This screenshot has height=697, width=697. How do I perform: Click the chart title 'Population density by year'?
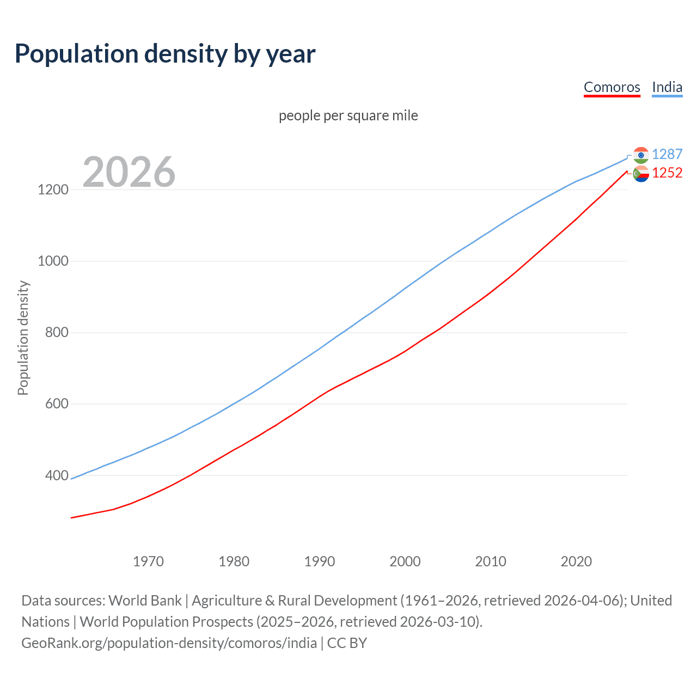pyautogui.click(x=165, y=54)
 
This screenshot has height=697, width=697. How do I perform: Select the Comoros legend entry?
pyautogui.click(x=612, y=87)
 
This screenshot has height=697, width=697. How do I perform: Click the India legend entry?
pyautogui.click(x=667, y=87)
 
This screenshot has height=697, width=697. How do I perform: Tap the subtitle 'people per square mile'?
pyautogui.click(x=348, y=115)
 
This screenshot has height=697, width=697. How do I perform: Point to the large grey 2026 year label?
pyautogui.click(x=129, y=172)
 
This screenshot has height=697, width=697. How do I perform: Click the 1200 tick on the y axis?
pyautogui.click(x=53, y=190)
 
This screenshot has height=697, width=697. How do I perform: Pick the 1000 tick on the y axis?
pyautogui.click(x=53, y=261)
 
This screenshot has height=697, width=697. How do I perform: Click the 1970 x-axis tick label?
pyautogui.click(x=148, y=561)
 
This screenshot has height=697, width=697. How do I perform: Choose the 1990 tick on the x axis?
pyautogui.click(x=320, y=561)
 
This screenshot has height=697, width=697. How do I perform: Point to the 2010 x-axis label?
pyautogui.click(x=491, y=561)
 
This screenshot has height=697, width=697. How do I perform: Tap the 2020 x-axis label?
pyautogui.click(x=576, y=561)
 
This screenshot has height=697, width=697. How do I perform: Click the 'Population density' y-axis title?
pyautogui.click(x=23, y=338)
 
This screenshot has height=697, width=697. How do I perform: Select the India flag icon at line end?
pyautogui.click(x=641, y=155)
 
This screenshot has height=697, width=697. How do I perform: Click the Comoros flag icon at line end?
pyautogui.click(x=641, y=174)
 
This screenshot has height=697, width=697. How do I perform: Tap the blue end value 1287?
pyautogui.click(x=667, y=155)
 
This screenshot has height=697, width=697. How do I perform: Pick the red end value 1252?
pyautogui.click(x=667, y=173)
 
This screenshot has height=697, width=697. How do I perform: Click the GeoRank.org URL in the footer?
pyautogui.click(x=169, y=643)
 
